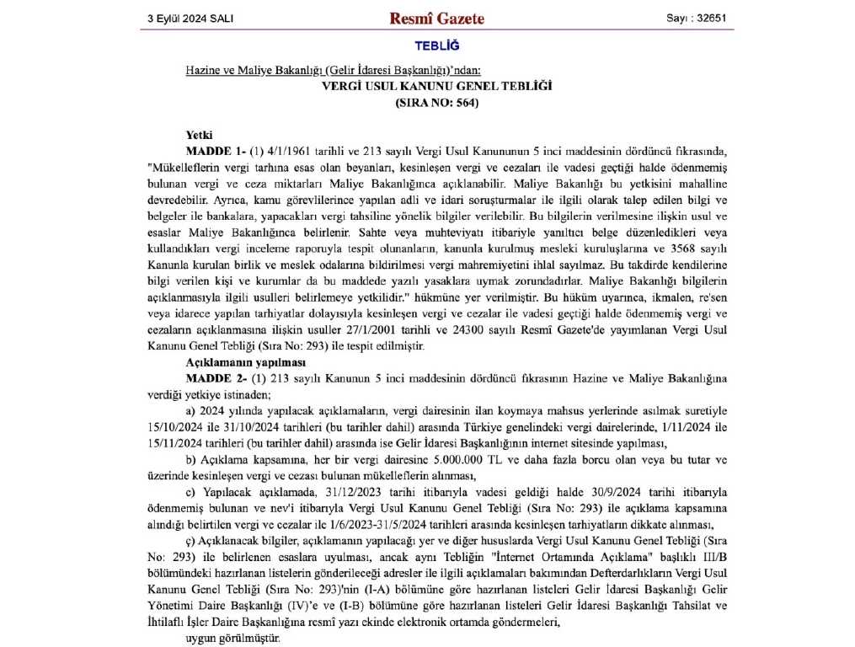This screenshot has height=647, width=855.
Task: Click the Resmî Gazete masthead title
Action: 436,18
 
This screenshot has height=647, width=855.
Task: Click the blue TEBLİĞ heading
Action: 436,45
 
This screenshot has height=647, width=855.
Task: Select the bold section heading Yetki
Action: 199,135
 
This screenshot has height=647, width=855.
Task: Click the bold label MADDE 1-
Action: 215,152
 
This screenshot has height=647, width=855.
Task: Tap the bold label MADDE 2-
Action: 215,377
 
